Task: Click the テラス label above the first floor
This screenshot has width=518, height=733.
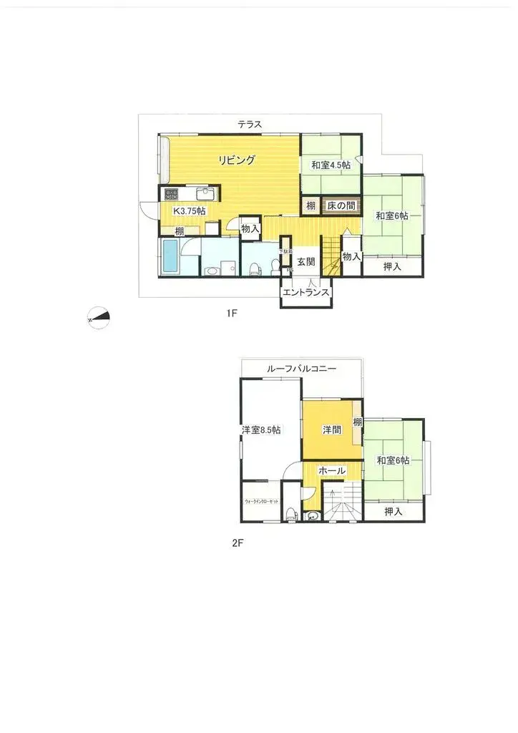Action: pos(250,125)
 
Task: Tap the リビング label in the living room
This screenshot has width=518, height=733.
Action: pos(237,160)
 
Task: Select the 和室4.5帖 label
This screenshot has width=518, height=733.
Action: pos(331,165)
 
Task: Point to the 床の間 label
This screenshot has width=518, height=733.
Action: pos(341,206)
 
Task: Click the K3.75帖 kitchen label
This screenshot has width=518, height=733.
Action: pos(190,211)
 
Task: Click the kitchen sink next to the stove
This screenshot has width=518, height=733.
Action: pos(204,195)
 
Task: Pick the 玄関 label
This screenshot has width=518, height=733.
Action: pos(306,262)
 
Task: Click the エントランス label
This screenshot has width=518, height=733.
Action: pos(306,292)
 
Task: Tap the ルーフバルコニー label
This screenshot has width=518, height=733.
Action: pos(301,368)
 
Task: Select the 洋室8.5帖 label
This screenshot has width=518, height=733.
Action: pos(260,430)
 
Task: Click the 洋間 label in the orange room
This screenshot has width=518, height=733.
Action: pos(331,430)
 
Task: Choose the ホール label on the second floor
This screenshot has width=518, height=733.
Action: pos(332,471)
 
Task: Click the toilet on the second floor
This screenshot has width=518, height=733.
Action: pos(290,513)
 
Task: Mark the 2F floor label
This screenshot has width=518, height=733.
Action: pos(238,543)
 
